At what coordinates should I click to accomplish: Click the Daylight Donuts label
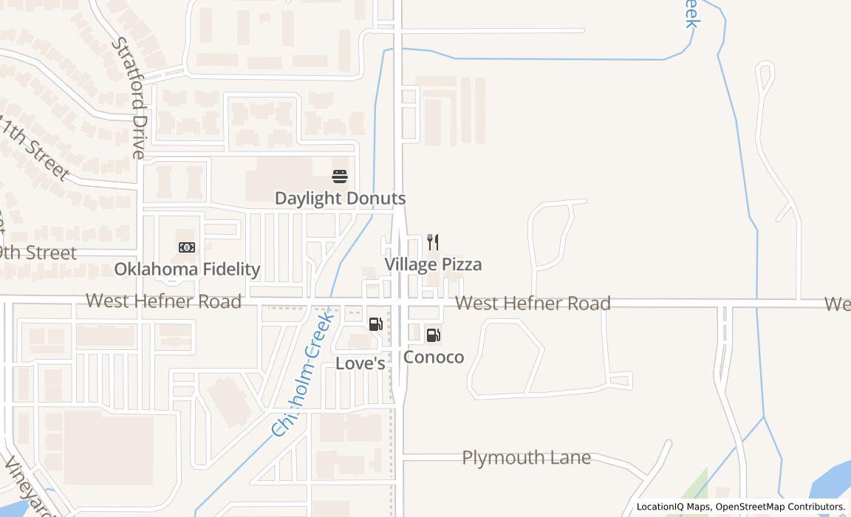(x=340, y=198)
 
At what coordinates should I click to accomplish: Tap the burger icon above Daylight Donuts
(x=340, y=177)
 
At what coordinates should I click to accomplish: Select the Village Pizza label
(x=433, y=264)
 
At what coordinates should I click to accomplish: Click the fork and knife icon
(x=434, y=242)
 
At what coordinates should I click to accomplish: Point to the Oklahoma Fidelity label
(x=187, y=269)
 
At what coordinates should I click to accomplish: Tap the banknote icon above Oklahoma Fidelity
(x=187, y=247)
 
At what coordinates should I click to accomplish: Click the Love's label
(x=360, y=363)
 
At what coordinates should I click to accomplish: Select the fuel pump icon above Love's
(x=375, y=324)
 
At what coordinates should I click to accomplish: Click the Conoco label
(x=434, y=357)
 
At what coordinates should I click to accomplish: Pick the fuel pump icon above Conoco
(x=434, y=335)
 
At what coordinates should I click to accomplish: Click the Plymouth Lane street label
(x=526, y=458)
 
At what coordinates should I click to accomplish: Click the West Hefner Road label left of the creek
(x=163, y=301)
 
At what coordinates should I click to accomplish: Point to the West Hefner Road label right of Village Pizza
(x=533, y=304)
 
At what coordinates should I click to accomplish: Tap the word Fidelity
(x=230, y=269)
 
